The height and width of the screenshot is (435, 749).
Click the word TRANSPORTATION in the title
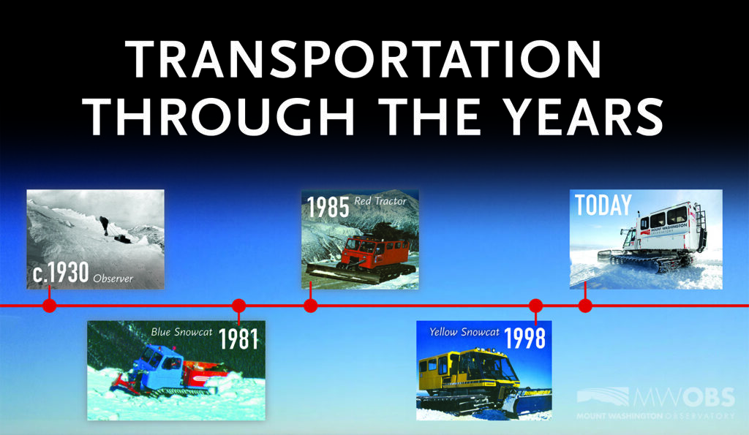[363, 59]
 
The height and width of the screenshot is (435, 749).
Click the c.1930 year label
[61, 273]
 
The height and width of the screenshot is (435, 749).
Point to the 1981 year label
[238, 338]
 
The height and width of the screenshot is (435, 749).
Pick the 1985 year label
[328, 207]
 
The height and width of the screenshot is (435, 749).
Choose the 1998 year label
[524, 338]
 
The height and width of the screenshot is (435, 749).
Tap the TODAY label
[603, 205]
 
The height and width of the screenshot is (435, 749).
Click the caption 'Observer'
[113, 279]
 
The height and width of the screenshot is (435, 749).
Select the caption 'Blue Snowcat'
[181, 332]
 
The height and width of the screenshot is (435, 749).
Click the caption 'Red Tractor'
[380, 201]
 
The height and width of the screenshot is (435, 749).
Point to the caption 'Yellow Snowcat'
[464, 332]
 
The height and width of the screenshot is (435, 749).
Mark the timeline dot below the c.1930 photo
[50, 306]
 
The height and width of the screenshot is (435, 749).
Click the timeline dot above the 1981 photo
[239, 306]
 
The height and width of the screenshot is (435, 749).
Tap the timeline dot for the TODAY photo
[585, 306]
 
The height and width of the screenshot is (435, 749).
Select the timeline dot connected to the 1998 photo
[536, 306]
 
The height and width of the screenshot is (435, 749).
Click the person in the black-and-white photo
[104, 225]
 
